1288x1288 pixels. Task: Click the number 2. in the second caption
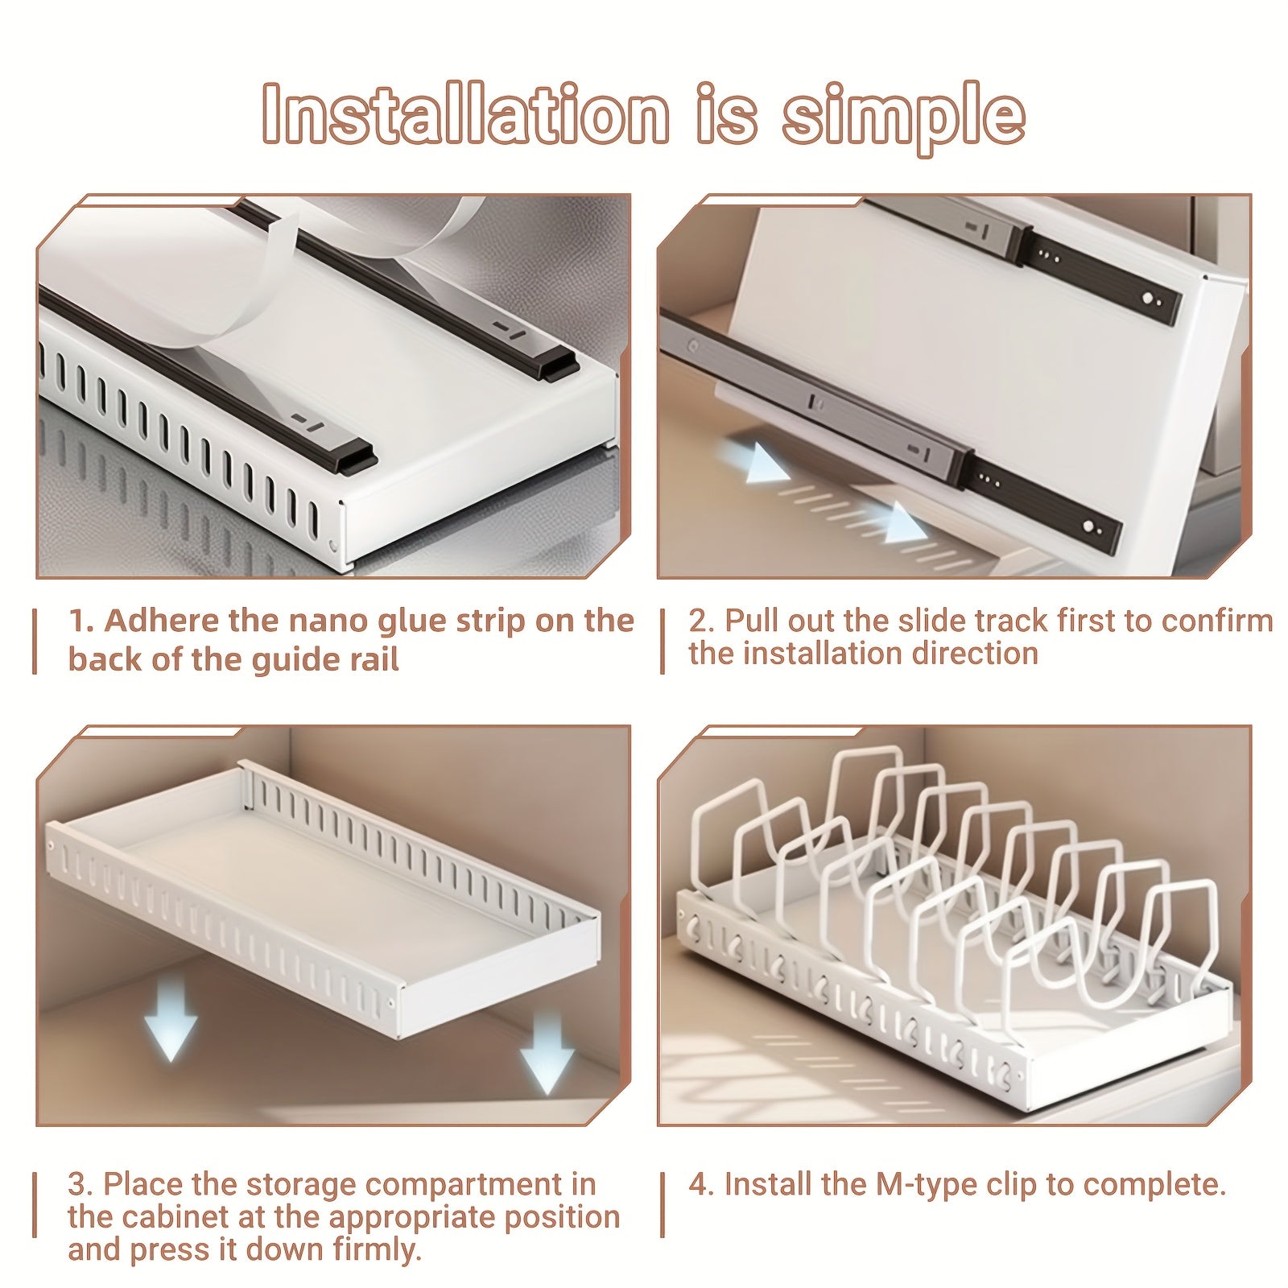[x=701, y=621]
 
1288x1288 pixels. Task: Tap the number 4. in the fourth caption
[x=701, y=1184]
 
